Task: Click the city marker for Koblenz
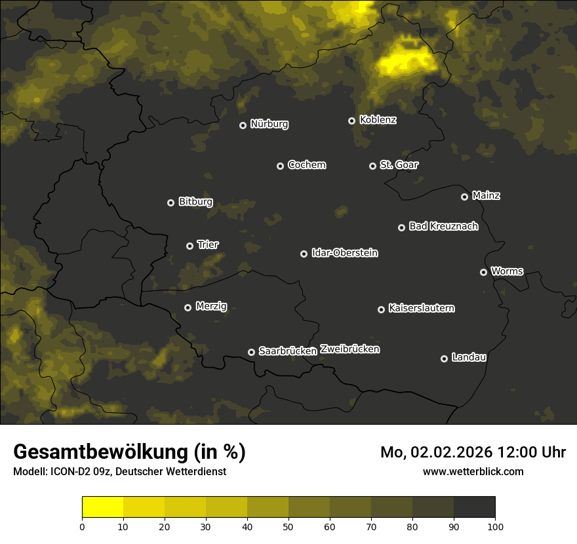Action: [x=351, y=121]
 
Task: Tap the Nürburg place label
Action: [x=269, y=124]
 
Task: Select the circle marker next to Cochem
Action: [x=280, y=166]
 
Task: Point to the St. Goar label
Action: [x=399, y=165]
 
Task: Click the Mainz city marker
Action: [x=464, y=197]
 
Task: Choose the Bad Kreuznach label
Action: [x=443, y=226]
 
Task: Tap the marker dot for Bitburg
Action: [x=170, y=203]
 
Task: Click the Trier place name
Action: [x=208, y=244]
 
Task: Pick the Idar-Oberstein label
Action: [x=344, y=252]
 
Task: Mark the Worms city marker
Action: [x=483, y=272]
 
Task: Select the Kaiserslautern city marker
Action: [x=381, y=309]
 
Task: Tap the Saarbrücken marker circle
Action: [x=251, y=352]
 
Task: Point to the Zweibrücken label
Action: [x=349, y=349]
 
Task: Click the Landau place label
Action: [x=469, y=357]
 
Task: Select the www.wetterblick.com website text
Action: [x=473, y=471]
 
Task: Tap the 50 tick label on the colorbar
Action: [x=288, y=526]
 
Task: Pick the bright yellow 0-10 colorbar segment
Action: [x=102, y=507]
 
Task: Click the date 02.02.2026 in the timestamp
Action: [x=452, y=452]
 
